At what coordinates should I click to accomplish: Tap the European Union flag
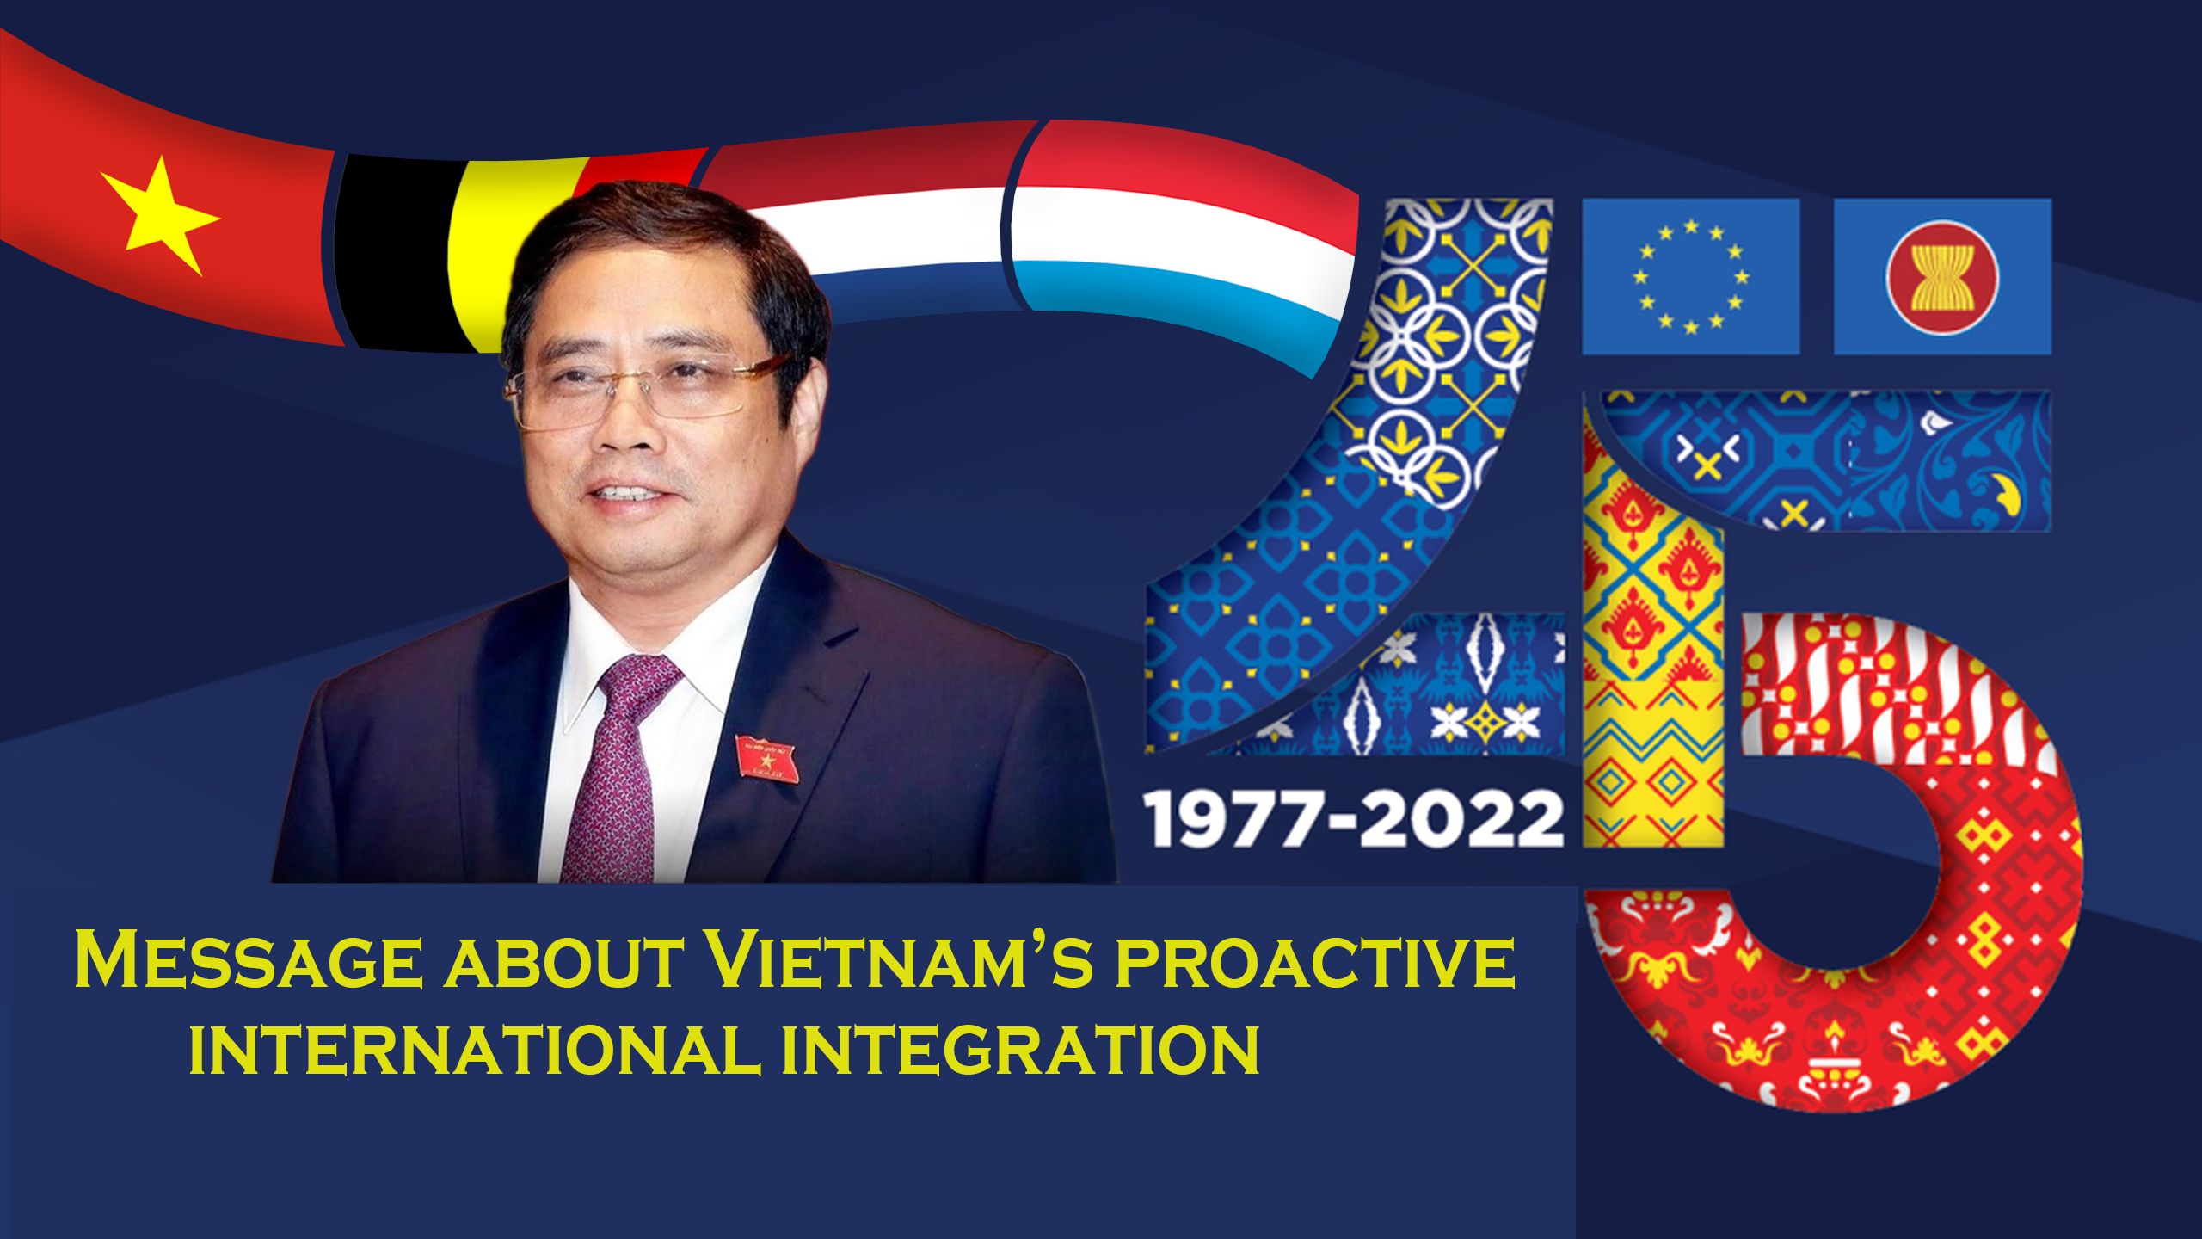tap(1691, 276)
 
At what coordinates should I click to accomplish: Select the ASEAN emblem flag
tap(1942, 276)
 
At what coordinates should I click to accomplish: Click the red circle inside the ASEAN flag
tap(1941, 276)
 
